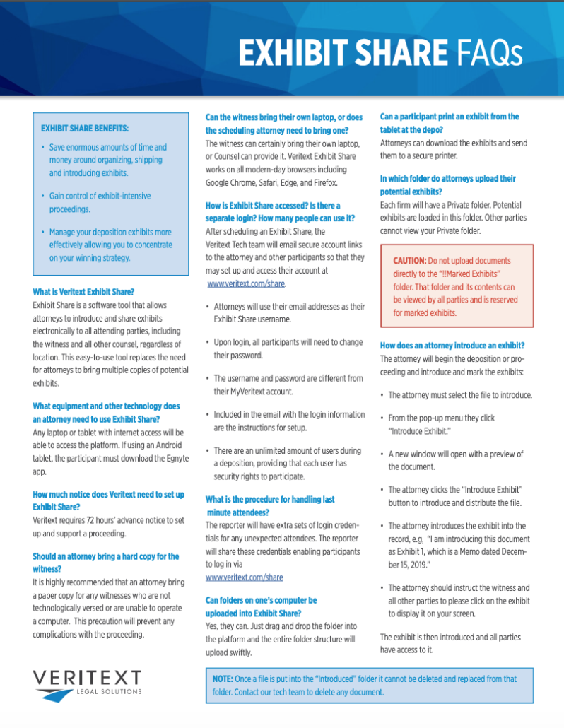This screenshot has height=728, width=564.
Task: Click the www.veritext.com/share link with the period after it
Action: [x=246, y=283]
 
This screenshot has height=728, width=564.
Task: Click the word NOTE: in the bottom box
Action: [x=223, y=679]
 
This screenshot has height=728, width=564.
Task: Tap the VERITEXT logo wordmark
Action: [x=87, y=678]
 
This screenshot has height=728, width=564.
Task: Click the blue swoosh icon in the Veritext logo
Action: [x=55, y=695]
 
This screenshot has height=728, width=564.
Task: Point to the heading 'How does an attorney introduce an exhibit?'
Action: [x=452, y=346]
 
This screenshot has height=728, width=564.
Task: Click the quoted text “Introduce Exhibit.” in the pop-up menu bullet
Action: [x=424, y=431]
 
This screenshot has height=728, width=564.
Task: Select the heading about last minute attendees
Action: [x=270, y=505]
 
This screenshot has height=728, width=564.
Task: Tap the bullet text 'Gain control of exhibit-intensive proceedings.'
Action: [x=100, y=202]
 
